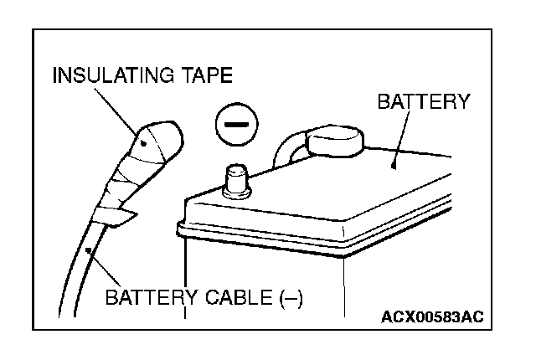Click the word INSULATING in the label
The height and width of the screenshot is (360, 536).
(x=109, y=76)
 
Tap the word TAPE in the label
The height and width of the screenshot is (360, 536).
(x=201, y=76)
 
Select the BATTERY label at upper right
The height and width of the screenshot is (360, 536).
(x=424, y=102)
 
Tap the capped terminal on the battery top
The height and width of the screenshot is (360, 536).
(x=334, y=143)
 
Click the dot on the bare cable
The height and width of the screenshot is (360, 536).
(x=87, y=249)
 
